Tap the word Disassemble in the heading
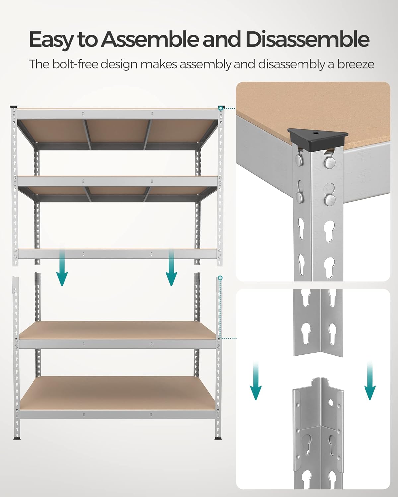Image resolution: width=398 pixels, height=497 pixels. click(x=307, y=40)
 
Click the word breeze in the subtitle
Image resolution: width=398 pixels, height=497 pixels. click(x=356, y=64)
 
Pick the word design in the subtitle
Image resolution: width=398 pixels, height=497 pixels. click(x=119, y=64)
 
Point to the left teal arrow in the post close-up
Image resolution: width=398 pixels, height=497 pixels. click(x=255, y=381)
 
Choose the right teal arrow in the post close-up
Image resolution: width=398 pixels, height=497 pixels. click(x=370, y=381)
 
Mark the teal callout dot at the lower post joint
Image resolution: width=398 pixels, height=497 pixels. click(x=220, y=278)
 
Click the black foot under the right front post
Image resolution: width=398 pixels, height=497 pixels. click(x=218, y=438)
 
